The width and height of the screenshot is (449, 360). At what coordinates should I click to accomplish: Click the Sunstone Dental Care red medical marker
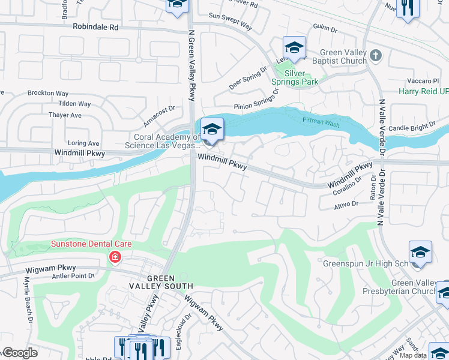coord(114,257)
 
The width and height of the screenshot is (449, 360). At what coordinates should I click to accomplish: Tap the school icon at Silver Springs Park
coord(294,47)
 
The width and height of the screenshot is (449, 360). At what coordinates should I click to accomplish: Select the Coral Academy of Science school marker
coord(212,130)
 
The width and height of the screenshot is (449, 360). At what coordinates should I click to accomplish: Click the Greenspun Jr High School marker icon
coord(420,253)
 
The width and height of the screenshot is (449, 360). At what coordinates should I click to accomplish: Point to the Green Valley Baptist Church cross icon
coord(376,56)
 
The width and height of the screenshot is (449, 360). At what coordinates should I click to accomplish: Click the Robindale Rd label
coord(95,27)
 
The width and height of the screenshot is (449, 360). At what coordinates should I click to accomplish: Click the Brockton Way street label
coord(47,94)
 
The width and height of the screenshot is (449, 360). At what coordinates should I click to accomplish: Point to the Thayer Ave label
coord(65,115)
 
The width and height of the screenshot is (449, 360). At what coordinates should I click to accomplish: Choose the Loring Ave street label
coord(83,143)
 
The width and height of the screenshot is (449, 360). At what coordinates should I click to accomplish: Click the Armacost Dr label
coord(158,110)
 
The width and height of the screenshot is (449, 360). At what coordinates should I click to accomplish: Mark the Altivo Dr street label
coord(346,205)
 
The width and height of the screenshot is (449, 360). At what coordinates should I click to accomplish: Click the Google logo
coord(19,353)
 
